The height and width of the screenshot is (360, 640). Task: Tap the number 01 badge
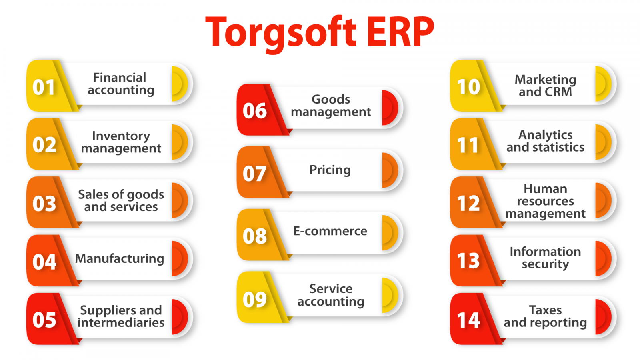pos(44,87)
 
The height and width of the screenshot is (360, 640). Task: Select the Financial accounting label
pos(120,84)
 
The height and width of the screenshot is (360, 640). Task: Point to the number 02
pos(44,145)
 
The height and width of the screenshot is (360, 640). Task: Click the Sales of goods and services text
pos(121,200)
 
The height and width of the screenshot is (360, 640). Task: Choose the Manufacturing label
pos(120,258)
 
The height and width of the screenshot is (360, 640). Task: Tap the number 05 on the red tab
pos(44,320)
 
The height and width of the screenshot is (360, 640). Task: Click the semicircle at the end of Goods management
pos(389,108)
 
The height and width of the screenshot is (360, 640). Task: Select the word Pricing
pos(330,170)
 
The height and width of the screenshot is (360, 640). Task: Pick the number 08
pos(254,236)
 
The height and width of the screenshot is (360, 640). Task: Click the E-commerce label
pos(330,231)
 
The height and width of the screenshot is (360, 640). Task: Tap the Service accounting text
pos(330,295)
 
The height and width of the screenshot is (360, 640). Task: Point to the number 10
pos(468,87)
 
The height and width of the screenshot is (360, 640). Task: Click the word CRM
pos(558,92)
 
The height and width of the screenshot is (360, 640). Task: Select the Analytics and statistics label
pos(545,141)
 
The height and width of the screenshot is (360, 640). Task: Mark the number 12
pos(468,203)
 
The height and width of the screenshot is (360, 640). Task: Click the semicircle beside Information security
pos(602,258)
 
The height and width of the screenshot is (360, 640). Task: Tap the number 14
pos(468,320)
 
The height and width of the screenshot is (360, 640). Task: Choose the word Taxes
pos(545,310)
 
